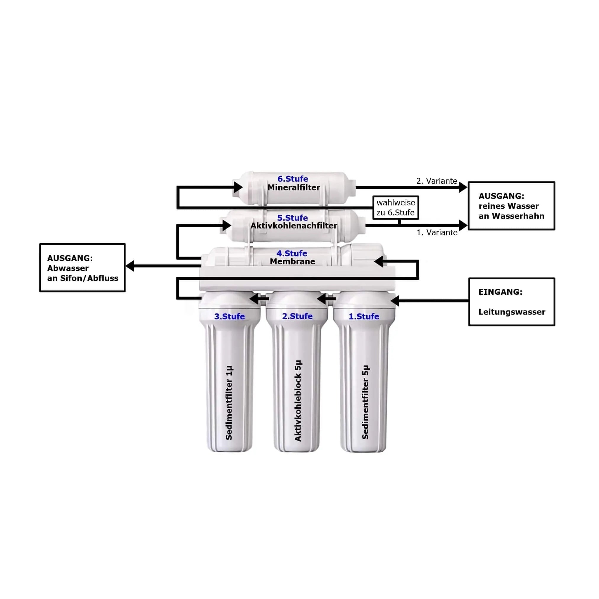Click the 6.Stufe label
293,179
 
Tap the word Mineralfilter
294,188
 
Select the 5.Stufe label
292,218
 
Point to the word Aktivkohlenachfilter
294,226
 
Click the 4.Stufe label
292,253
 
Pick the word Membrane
292,261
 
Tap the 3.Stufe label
229,316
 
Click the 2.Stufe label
297,316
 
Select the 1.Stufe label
364,316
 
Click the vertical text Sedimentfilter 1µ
229,403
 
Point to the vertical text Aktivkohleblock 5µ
298,401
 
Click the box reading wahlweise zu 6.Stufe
396,207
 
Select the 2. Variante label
437,181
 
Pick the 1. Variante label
437,233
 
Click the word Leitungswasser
512,312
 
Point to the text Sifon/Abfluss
89,278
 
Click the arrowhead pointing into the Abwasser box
130,266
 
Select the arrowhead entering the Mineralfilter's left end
238,187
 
